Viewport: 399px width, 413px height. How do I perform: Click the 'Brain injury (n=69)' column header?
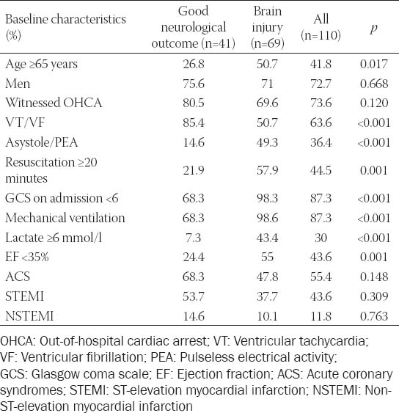click(267, 27)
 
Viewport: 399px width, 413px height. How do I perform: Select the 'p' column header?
click(374, 28)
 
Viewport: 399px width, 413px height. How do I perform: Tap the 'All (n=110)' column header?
click(321, 27)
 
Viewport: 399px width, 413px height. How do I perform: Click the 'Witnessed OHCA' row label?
click(54, 103)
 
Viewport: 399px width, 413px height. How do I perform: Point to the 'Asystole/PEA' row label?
click(42, 142)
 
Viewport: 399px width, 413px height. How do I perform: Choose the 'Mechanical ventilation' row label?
click(65, 218)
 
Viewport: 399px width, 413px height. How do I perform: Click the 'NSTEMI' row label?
click(29, 316)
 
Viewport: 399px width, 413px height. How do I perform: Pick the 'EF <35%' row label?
click(27, 257)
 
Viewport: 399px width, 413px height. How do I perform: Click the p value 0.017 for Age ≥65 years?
click(374, 64)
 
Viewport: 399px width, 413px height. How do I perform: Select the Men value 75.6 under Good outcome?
click(194, 84)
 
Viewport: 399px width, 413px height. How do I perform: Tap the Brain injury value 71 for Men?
click(267, 84)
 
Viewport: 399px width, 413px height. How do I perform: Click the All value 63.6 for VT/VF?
click(321, 123)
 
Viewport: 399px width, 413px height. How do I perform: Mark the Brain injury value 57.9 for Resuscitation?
click(267, 170)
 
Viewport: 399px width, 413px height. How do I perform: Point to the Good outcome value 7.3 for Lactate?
click(194, 238)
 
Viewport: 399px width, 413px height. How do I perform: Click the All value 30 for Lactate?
click(321, 238)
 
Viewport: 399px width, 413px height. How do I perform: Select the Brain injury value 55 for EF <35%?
click(267, 257)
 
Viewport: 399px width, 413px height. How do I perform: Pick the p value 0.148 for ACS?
click(374, 277)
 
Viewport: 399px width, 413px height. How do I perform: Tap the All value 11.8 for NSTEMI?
click(321, 316)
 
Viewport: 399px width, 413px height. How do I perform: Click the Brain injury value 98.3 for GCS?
click(267, 198)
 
